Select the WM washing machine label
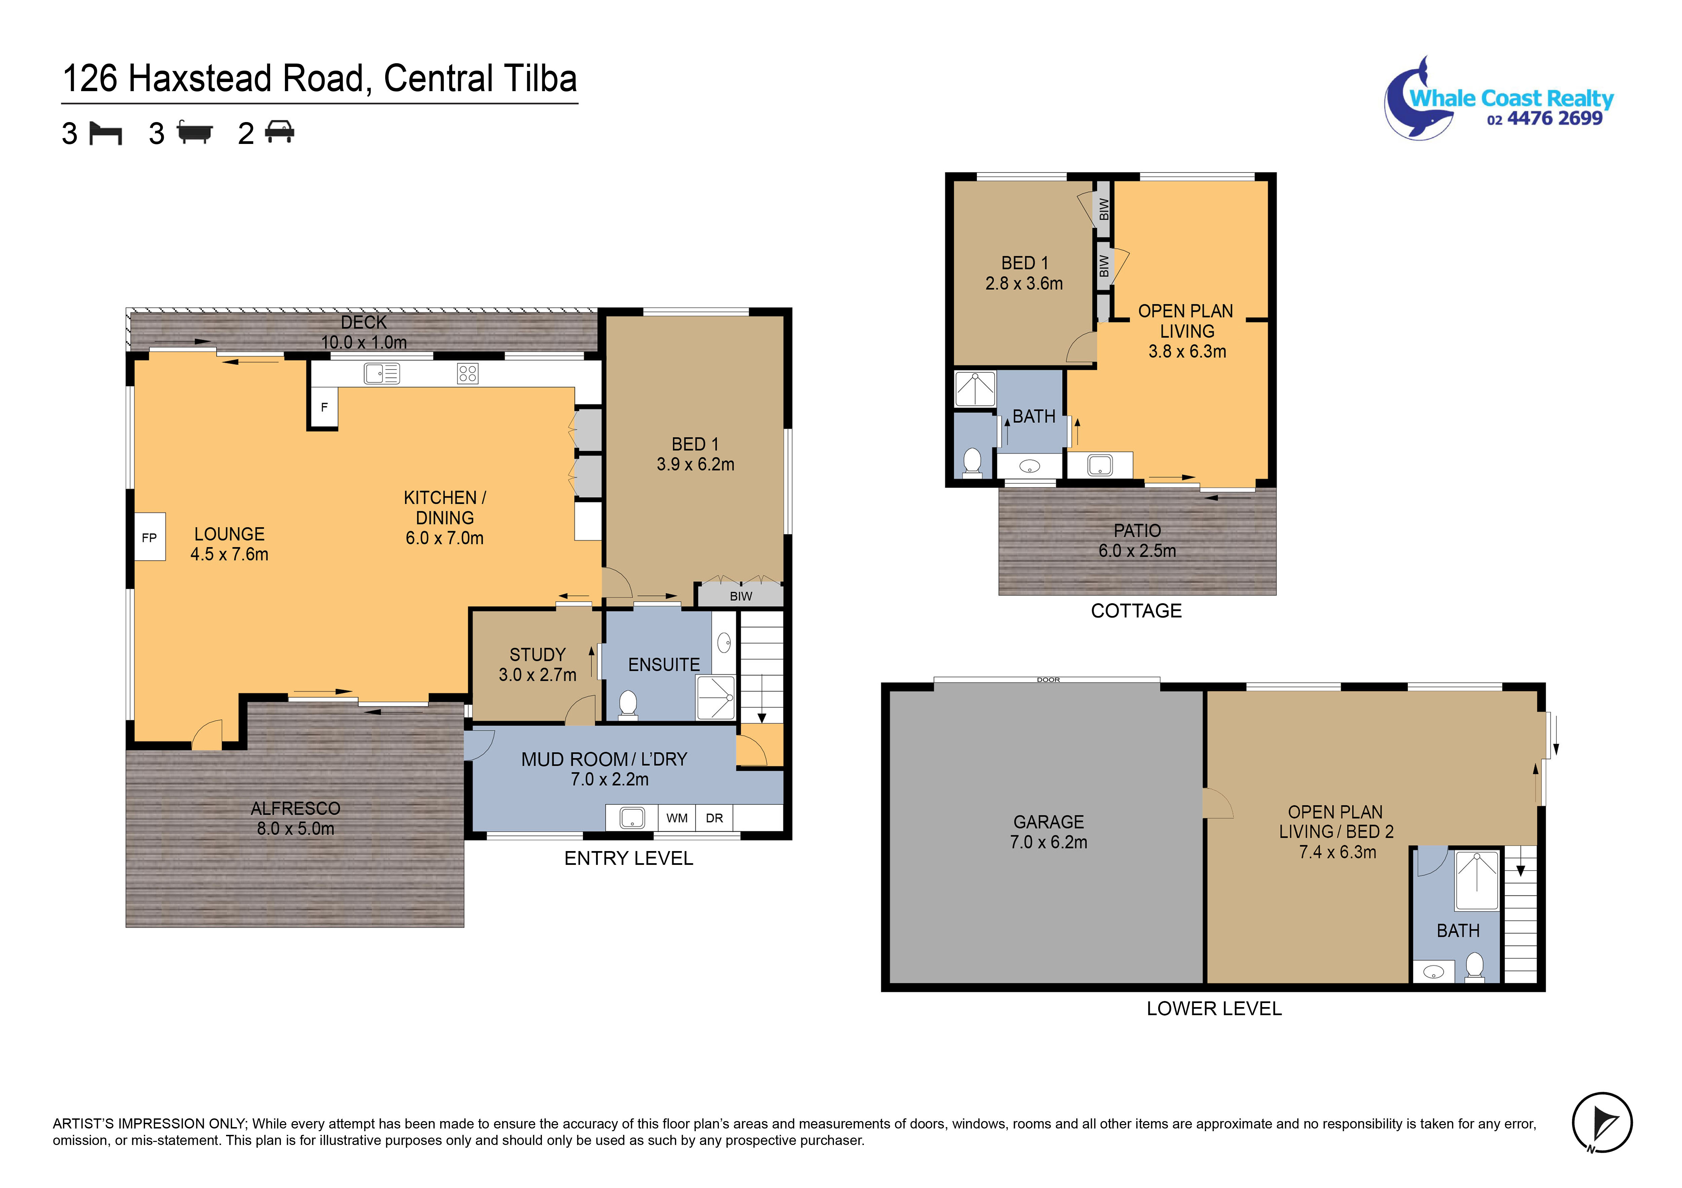tap(677, 818)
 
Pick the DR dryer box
tap(714, 818)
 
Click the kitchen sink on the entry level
tap(382, 374)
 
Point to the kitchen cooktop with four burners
tap(467, 374)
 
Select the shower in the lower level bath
tap(1477, 880)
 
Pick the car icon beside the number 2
tap(279, 132)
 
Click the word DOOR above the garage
tap(1048, 680)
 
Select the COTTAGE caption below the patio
tap(1136, 611)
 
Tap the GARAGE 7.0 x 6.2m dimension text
tap(1048, 842)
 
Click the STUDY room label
tap(538, 655)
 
